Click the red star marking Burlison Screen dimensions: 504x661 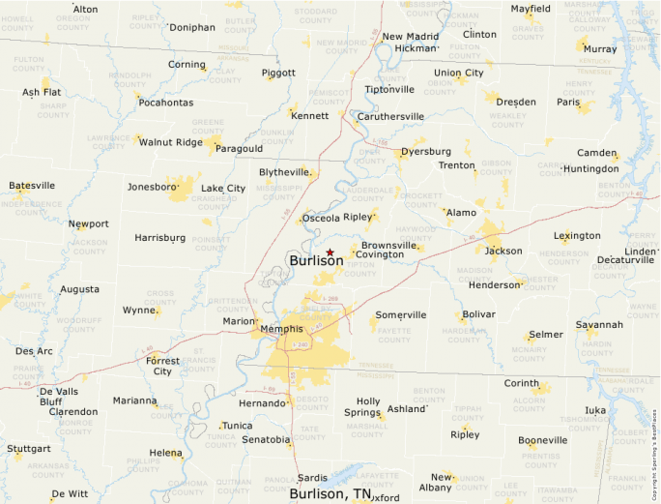pos(330,252)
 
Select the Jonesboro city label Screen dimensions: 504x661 pos(153,187)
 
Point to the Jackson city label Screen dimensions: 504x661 pos(503,252)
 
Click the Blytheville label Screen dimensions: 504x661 pos(284,172)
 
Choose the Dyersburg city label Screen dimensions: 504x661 pos(425,152)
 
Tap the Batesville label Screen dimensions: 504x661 pos(32,186)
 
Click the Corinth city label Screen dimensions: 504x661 pos(522,383)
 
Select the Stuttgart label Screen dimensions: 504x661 pos(28,449)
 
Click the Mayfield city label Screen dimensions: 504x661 pos(531,9)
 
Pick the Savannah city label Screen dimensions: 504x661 pos(599,325)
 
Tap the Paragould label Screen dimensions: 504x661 pos(239,149)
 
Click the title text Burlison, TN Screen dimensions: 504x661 pos(330,494)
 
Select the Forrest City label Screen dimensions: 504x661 pos(162,366)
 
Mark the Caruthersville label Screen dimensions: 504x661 pos(391,116)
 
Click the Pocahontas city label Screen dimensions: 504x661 pos(166,103)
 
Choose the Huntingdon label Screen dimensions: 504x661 pos(590,168)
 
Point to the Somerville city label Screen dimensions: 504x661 pos(401,315)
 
